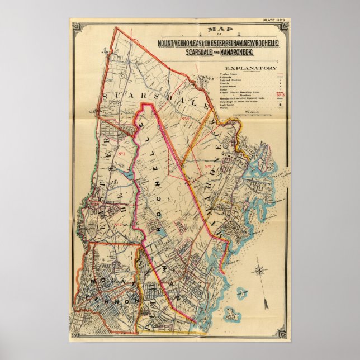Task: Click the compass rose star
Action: pyautogui.click(x=259, y=272)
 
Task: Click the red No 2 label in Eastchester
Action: pyautogui.click(x=117, y=225)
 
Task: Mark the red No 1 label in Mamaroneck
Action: pyautogui.click(x=211, y=167)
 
